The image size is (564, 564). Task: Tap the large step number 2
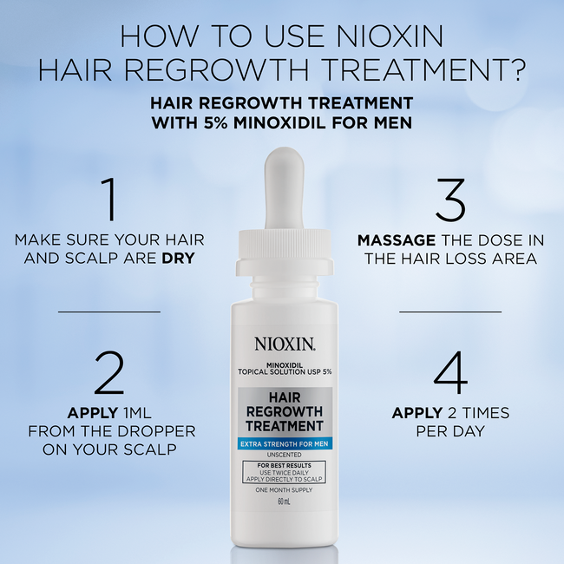click(109, 372)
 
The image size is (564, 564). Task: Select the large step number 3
click(450, 200)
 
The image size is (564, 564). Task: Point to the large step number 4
click(450, 372)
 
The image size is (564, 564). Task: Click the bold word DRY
click(179, 258)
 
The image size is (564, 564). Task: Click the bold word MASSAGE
click(397, 240)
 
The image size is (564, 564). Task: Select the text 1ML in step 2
click(137, 413)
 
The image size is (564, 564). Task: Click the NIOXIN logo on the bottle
click(285, 344)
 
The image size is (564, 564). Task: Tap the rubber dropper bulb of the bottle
click(284, 189)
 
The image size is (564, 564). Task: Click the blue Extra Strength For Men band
click(285, 444)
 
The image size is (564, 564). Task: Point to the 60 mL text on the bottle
click(284, 502)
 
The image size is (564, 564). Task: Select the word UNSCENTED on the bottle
click(284, 455)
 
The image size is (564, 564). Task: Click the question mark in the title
click(518, 69)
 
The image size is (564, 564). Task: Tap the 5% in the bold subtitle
click(215, 123)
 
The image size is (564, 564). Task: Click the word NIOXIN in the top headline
click(390, 36)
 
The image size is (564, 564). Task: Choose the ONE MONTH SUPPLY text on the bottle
click(284, 490)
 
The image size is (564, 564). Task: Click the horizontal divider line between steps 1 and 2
click(109, 312)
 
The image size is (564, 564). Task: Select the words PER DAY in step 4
click(450, 431)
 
